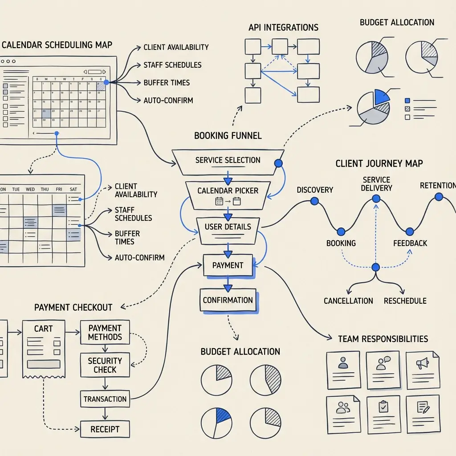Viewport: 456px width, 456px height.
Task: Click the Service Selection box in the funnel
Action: coord(228,161)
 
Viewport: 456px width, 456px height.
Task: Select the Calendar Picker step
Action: coord(228,195)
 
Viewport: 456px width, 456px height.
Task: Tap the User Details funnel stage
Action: coord(228,230)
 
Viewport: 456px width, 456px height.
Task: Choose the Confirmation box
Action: coord(228,300)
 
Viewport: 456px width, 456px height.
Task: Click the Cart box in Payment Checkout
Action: coord(43,348)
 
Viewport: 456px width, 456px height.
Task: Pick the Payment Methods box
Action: coord(105,332)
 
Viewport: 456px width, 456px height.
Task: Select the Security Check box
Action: coord(105,365)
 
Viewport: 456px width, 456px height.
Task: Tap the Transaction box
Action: coord(105,399)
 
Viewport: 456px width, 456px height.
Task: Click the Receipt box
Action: coord(105,429)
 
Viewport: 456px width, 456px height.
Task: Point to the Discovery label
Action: coord(315,190)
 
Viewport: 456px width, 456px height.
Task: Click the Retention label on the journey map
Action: coord(437,185)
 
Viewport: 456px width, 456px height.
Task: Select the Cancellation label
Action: coord(348,301)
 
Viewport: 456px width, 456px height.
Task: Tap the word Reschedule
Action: coord(405,301)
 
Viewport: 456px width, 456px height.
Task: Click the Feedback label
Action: coord(410,243)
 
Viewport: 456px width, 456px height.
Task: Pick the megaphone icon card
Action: coord(422,369)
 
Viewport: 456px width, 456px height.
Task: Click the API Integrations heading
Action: coord(283,28)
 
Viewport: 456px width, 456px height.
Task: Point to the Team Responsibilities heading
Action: coord(383,339)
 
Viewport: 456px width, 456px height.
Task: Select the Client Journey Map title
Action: coord(379,164)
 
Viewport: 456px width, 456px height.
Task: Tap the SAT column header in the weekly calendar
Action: coord(73,189)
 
